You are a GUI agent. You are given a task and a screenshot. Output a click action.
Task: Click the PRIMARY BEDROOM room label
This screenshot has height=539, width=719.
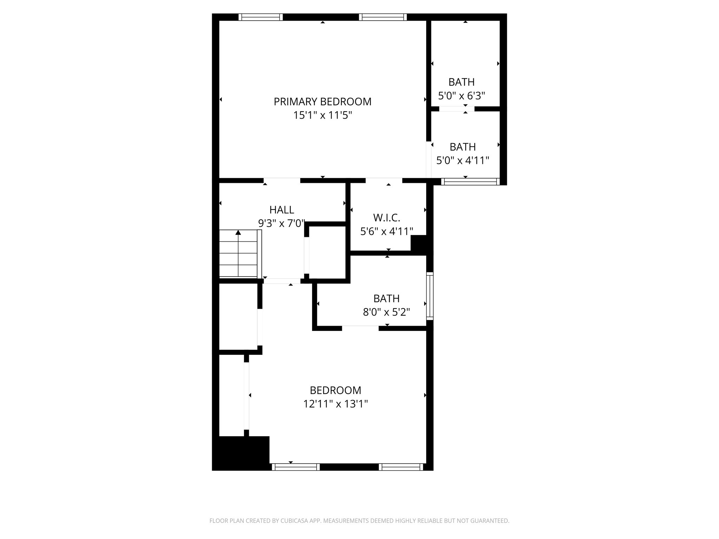click(x=322, y=102)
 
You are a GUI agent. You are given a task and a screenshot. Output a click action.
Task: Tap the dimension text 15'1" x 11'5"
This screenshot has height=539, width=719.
click(x=322, y=115)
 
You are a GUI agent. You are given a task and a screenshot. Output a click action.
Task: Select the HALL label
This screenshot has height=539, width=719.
click(x=282, y=210)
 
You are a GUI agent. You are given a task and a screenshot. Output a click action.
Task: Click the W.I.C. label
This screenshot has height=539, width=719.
click(x=387, y=218)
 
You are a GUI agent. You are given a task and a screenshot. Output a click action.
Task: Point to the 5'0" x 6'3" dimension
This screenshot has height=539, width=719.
click(x=461, y=95)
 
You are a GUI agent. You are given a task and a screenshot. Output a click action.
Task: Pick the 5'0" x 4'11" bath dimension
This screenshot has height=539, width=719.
click(x=462, y=160)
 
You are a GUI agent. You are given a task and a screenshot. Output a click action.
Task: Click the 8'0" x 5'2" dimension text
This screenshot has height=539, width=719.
click(x=386, y=312)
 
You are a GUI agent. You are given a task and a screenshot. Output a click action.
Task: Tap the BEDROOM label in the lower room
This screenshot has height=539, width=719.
click(x=335, y=390)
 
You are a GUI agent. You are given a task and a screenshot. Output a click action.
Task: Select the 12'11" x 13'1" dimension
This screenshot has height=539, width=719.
click(x=335, y=404)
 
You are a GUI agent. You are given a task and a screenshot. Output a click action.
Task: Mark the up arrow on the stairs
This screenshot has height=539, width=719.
click(x=238, y=232)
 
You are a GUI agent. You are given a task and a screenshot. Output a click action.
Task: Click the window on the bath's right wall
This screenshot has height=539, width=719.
click(x=430, y=296)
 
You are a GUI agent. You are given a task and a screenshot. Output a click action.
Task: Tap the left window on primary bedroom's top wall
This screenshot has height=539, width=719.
click(x=260, y=17)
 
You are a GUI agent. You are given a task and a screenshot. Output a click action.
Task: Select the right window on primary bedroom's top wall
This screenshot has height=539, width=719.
click(x=383, y=17)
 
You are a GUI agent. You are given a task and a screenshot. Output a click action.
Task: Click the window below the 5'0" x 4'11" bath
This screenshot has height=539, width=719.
click(x=470, y=181)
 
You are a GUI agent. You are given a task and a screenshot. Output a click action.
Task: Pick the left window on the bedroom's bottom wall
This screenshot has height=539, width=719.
click(x=296, y=467)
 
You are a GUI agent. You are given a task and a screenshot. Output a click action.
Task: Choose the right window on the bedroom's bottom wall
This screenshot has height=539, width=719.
click(x=401, y=467)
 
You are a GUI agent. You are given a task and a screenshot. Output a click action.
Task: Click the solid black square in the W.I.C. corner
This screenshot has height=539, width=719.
click(x=418, y=243)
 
